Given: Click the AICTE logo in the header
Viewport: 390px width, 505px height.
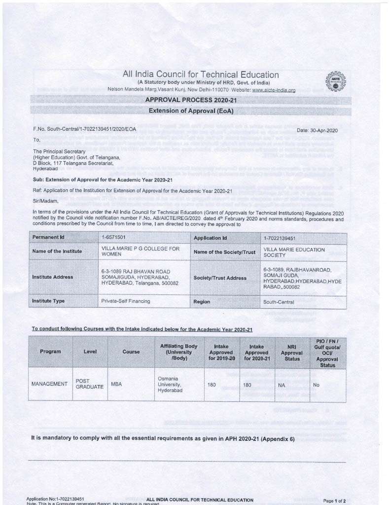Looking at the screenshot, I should pyautogui.click(x=336, y=81).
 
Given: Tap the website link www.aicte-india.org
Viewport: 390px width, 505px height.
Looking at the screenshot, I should pyautogui.click(x=274, y=90).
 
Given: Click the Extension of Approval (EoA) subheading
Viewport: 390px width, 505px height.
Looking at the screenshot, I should pyautogui.click(x=191, y=111).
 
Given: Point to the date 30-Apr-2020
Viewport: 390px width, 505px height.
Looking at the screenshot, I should pyautogui.click(x=317, y=130).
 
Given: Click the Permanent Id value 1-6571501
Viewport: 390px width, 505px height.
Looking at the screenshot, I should pyautogui.click(x=113, y=238).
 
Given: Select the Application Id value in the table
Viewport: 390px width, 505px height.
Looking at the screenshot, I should pyautogui.click(x=279, y=238).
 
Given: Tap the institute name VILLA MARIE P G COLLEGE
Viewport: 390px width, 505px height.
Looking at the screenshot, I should pyautogui.click(x=141, y=252).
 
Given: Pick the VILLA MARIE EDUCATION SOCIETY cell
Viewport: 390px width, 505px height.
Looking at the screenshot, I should pyautogui.click(x=294, y=252).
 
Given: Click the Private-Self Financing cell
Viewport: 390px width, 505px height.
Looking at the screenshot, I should pyautogui.click(x=126, y=301).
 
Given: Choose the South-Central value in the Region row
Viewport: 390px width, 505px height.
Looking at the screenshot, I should pyautogui.click(x=280, y=302).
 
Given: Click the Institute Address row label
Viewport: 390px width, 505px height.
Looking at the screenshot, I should pyautogui.click(x=53, y=277).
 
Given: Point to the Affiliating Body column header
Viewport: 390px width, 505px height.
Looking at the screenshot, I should pyautogui.click(x=178, y=352).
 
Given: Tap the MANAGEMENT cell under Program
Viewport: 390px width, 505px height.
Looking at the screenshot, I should pyautogui.click(x=49, y=384).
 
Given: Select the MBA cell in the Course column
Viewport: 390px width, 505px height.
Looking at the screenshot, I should pyautogui.click(x=116, y=384).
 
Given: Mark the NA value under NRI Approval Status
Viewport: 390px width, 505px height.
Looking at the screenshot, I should pyautogui.click(x=282, y=385).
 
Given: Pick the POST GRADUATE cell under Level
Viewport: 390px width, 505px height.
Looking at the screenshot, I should pyautogui.click(x=89, y=384).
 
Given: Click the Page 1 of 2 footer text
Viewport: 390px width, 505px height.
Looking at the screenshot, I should pyautogui.click(x=334, y=501).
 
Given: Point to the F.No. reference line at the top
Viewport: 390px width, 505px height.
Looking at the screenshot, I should pyautogui.click(x=84, y=129).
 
